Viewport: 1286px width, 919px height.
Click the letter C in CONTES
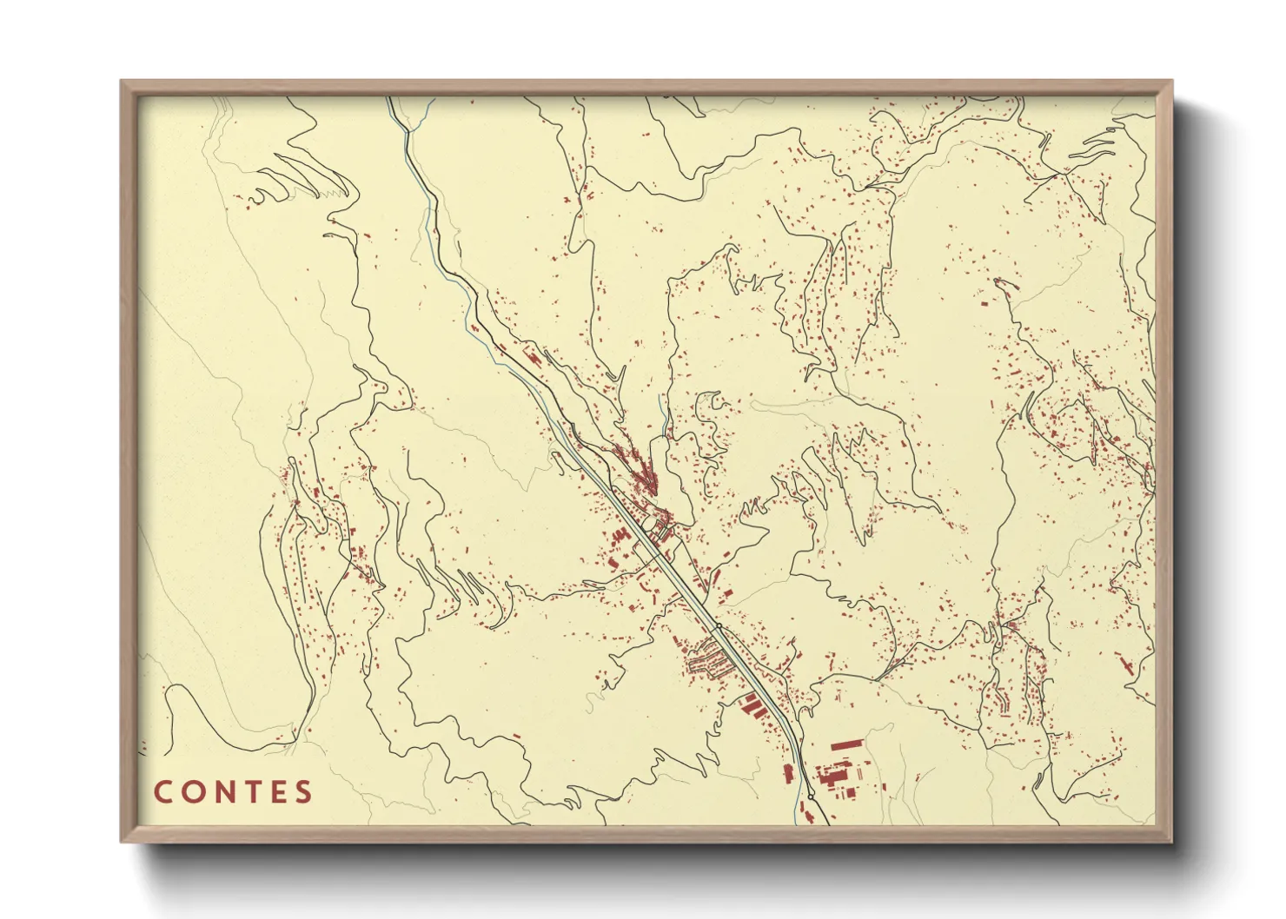(163, 792)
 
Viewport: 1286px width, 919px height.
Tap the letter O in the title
(191, 792)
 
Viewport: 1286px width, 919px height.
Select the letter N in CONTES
(221, 792)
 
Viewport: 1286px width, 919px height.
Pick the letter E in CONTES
(276, 792)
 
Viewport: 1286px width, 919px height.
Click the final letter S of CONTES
(303, 792)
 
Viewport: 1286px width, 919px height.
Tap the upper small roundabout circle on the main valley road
(719, 625)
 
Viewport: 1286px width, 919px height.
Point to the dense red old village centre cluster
(645, 473)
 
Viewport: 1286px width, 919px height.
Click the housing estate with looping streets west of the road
(708, 664)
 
